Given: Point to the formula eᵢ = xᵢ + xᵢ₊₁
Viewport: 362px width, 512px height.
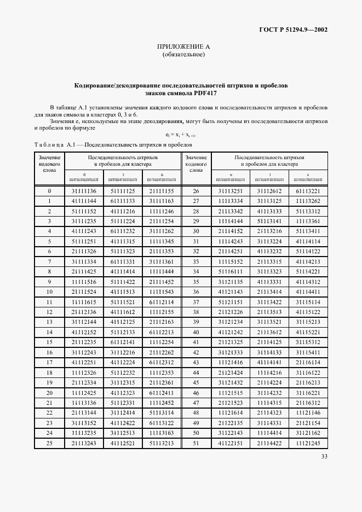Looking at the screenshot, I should pos(181,135).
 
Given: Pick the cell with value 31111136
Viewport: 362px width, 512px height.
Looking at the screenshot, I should pos(84,191).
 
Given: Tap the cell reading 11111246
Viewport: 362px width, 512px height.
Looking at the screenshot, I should pos(162,211).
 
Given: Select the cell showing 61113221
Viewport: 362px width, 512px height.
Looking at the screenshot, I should pos(307,191).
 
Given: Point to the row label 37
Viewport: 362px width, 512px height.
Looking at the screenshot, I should pos(196,301).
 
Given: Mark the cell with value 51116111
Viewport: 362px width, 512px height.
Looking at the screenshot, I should pos(230,271).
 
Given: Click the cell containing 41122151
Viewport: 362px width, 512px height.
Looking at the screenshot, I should pos(230,443).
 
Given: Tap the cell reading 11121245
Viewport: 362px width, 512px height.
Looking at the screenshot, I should pos(307,443).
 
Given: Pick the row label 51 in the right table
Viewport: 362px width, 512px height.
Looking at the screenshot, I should pos(196,443).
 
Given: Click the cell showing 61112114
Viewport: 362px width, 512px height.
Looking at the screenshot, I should pos(162,301).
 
